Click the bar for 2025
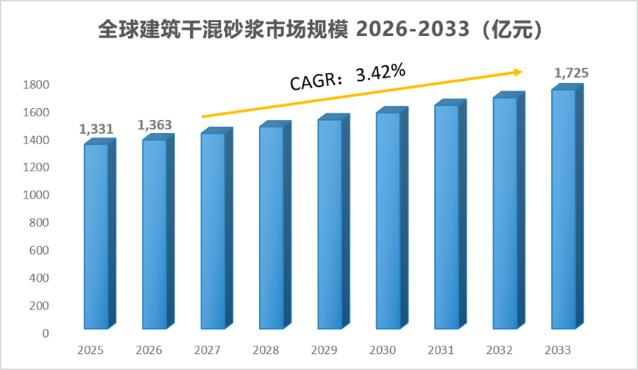pos(100,234)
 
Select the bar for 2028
pos(275,225)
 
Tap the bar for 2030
pos(392,218)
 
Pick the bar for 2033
pos(567,207)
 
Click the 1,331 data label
pos(96,129)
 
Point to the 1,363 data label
pos(155,125)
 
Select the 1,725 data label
pos(571,73)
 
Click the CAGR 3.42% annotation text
pos(348,77)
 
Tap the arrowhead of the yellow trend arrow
pos(517,72)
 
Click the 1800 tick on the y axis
pos(36,85)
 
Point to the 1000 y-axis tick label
pos(36,195)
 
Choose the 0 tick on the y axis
pos(46,333)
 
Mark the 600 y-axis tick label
pos(39,250)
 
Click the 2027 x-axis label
pos(207,350)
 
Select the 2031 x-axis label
pos(441,350)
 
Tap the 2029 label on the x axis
pos(324,350)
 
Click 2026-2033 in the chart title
pos(413,29)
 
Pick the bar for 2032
pos(509,210)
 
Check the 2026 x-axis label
pos(149,350)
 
